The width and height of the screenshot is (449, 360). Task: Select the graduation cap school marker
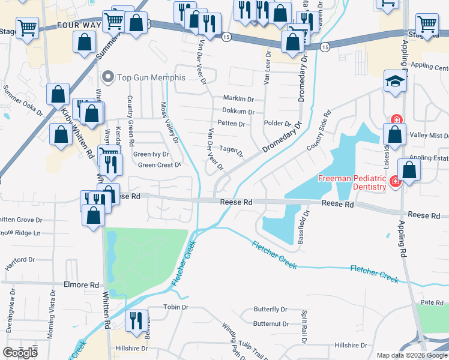pos(395,83)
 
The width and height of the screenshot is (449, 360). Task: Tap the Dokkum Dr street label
pos(238,111)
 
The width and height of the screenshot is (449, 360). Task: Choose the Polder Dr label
pos(277,124)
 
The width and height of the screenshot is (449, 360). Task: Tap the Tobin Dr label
pos(176,307)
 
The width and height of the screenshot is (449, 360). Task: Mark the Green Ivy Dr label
pos(151,154)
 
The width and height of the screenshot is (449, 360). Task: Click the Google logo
pos(20,353)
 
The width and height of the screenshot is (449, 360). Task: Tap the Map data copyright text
pos(411,355)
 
